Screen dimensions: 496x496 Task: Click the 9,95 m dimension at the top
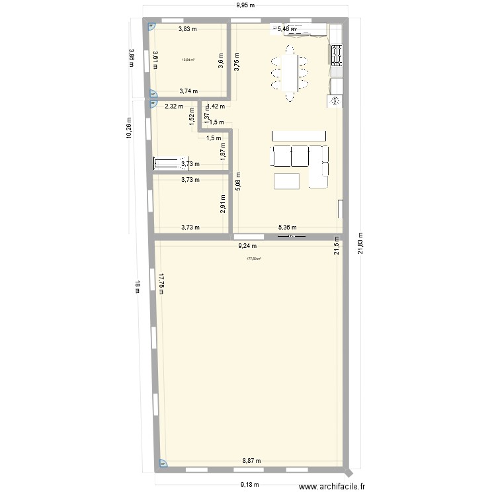247,7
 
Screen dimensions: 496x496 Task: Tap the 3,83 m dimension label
188,28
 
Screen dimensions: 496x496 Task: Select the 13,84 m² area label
188,60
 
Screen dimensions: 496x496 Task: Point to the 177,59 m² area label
253,259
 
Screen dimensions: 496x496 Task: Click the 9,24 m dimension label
247,246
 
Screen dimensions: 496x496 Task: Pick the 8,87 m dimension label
251,461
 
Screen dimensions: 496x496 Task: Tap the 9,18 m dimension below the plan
249,483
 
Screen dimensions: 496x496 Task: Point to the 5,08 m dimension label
237,181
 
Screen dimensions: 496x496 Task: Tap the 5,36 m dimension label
286,227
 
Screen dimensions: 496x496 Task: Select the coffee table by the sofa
287,181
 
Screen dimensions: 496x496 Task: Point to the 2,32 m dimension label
174,106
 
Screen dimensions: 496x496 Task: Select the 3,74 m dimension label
188,92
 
